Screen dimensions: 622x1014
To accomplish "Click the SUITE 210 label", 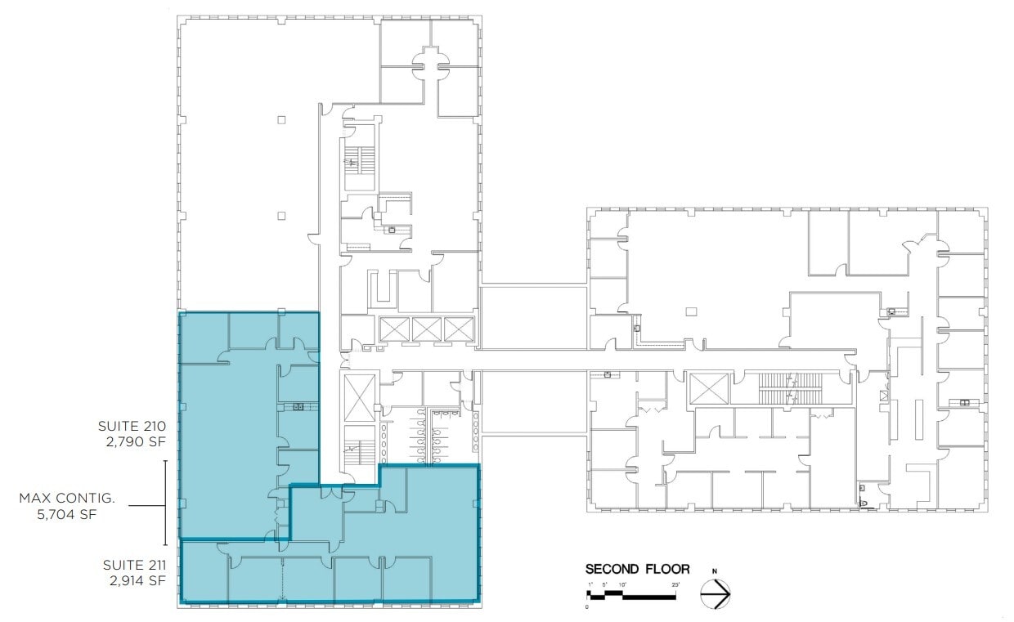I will (x=132, y=426).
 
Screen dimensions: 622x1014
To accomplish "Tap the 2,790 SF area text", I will (x=137, y=442).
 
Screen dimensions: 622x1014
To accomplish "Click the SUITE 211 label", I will (x=134, y=565).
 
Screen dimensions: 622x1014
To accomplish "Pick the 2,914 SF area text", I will (x=137, y=581).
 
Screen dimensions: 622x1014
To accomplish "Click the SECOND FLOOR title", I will (x=637, y=569).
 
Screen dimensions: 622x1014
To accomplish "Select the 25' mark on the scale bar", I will (x=675, y=585).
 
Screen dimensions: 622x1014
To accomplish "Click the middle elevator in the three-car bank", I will (x=427, y=329).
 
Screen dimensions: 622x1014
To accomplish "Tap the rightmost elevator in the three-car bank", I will (x=459, y=329).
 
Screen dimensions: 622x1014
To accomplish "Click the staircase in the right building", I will (x=789, y=389).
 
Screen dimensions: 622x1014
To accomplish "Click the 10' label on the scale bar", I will (x=623, y=585).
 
